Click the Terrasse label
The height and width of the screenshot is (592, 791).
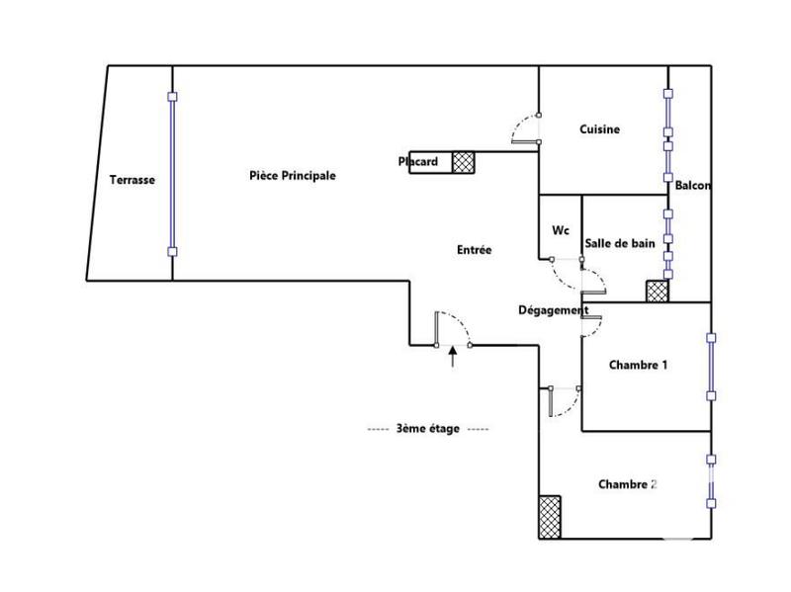tap(132, 180)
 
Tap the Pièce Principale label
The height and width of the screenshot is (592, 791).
tap(292, 175)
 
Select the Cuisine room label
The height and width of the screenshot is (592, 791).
tap(599, 129)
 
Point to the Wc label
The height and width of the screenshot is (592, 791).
tap(560, 230)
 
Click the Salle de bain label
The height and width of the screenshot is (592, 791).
tap(620, 243)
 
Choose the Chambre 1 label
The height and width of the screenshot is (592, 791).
tap(638, 365)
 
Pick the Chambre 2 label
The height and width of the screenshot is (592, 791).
tap(628, 484)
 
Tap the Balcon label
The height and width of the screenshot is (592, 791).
tap(692, 185)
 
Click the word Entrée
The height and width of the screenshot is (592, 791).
tap(474, 251)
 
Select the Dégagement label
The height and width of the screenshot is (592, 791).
tap(553, 309)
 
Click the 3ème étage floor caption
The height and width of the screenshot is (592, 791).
tap(427, 429)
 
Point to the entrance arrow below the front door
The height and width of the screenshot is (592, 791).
tap(453, 357)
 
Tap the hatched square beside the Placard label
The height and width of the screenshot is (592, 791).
tap(464, 162)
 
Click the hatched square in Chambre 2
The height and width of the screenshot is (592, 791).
tap(550, 516)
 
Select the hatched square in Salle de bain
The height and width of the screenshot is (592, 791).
tap(657, 291)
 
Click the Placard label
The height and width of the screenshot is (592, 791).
tap(417, 161)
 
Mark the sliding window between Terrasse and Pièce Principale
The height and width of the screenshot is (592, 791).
tap(172, 174)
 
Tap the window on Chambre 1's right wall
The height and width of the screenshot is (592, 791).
tap(710, 366)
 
